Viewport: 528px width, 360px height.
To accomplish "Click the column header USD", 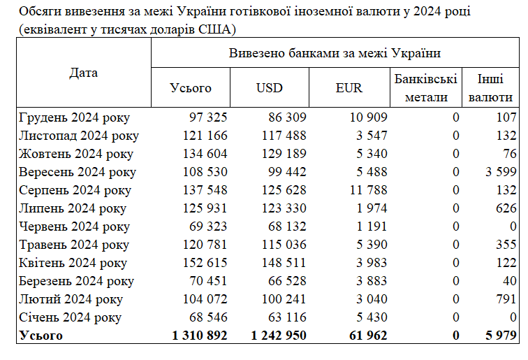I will pos(269,88).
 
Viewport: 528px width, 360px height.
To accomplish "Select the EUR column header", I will pos(349,88).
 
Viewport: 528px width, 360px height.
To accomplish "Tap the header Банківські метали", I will pos(425,88).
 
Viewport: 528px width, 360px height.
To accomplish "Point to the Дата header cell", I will pos(84,73).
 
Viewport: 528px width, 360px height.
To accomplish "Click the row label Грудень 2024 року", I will pos(75,117).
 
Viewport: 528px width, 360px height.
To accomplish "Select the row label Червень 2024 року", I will pos(75,226).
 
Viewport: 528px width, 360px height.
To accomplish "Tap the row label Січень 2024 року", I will pos(71,317).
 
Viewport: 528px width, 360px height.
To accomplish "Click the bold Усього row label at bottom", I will pos(41,336).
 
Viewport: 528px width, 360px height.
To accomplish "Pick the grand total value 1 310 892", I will pos(200,336).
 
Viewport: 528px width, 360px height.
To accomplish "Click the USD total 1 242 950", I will pos(279,336).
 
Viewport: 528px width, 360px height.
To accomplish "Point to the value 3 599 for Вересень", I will pos(501,172).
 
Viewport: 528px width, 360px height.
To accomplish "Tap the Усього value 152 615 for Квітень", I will pos(204,263).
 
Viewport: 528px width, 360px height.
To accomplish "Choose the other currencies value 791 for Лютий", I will pos(506,299).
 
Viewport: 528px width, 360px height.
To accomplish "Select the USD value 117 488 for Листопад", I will pos(283,136).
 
